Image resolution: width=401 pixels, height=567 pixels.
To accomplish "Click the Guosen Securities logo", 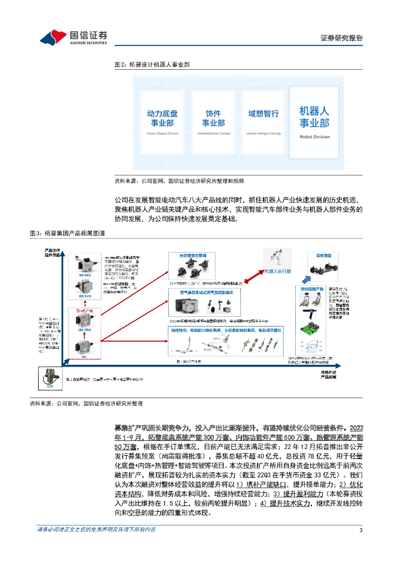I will pyautogui.click(x=73, y=37).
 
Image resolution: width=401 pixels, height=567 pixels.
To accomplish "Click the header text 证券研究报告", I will pyautogui.click(x=342, y=38).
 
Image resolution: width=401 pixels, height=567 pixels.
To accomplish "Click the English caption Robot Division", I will pyautogui.click(x=314, y=137).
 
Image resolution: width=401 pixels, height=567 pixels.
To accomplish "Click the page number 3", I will pyautogui.click(x=361, y=530).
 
